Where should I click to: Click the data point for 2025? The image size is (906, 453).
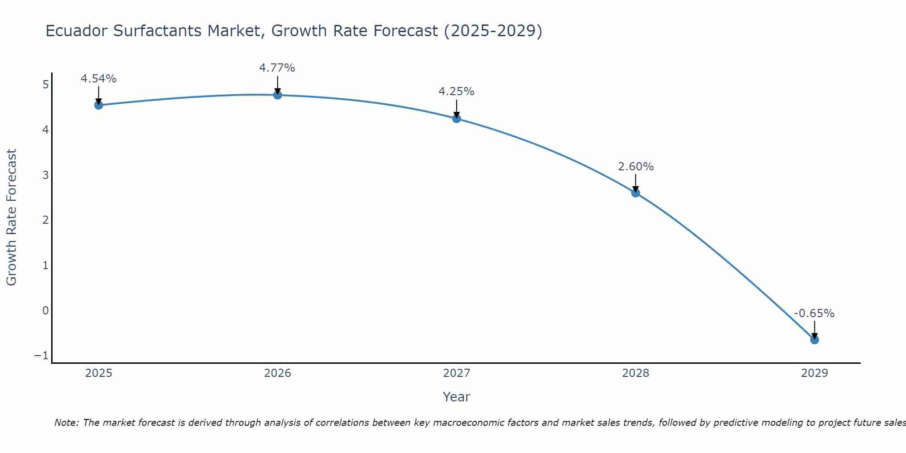point(99,105)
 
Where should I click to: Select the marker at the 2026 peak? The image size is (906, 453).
point(278,95)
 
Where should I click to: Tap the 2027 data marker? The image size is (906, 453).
point(457,118)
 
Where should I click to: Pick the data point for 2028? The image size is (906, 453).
point(636,193)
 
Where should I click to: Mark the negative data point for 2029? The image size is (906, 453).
point(814,340)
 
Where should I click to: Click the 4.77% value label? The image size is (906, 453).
point(277,68)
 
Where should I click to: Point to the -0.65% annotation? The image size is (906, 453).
point(814,313)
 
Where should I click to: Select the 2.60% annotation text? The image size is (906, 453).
point(636,167)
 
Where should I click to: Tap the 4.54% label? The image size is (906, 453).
point(99,79)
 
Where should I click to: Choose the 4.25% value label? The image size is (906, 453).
point(456,92)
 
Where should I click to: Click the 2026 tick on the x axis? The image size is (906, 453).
point(278,373)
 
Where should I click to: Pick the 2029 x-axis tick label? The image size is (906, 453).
point(814,373)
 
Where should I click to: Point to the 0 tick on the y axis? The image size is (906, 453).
point(45,310)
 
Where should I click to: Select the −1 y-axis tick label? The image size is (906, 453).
point(41,356)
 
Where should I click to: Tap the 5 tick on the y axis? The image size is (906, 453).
point(45,85)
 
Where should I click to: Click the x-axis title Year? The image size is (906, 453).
point(456,397)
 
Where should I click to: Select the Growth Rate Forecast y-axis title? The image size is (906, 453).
point(11,217)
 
